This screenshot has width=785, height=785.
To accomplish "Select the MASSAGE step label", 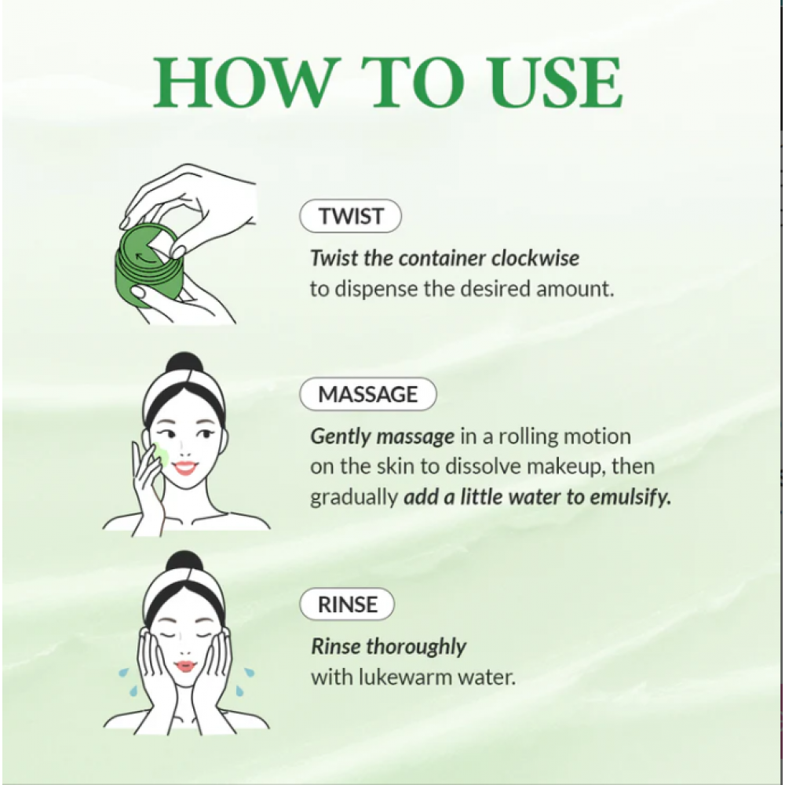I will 367,395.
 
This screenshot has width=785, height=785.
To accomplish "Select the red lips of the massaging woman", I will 184,468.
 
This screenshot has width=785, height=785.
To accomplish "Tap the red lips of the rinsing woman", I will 185,666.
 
